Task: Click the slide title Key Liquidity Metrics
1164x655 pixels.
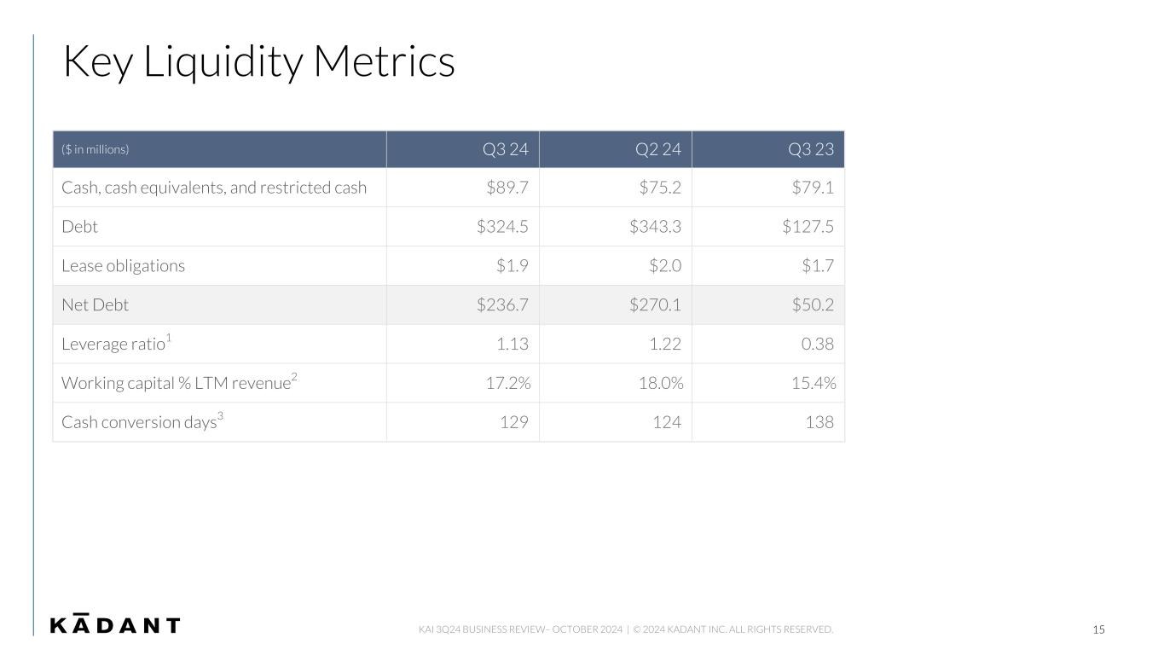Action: click(x=258, y=62)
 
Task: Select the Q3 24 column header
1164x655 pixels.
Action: click(x=505, y=149)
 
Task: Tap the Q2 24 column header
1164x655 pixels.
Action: click(x=657, y=149)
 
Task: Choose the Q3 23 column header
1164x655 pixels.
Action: click(x=811, y=149)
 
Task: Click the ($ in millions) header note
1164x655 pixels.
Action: click(x=96, y=150)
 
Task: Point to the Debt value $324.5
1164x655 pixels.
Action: click(x=502, y=227)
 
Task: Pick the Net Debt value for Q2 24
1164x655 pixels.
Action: click(x=655, y=304)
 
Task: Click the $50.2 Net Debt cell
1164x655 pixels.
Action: click(x=813, y=304)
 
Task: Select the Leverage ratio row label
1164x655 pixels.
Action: click(x=116, y=343)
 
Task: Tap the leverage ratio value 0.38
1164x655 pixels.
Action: click(x=818, y=344)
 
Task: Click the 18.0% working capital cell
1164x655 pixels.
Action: click(x=661, y=383)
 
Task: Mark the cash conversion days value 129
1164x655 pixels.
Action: click(x=514, y=422)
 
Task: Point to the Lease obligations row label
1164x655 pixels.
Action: click(x=123, y=265)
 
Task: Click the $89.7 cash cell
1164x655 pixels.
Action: click(x=507, y=187)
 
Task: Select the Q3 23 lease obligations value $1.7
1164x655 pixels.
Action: click(x=818, y=265)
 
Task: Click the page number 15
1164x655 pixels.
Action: click(x=1098, y=629)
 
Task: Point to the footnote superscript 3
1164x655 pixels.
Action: click(x=220, y=415)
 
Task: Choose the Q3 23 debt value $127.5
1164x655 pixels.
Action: click(x=808, y=227)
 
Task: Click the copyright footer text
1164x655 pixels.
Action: click(x=733, y=629)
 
